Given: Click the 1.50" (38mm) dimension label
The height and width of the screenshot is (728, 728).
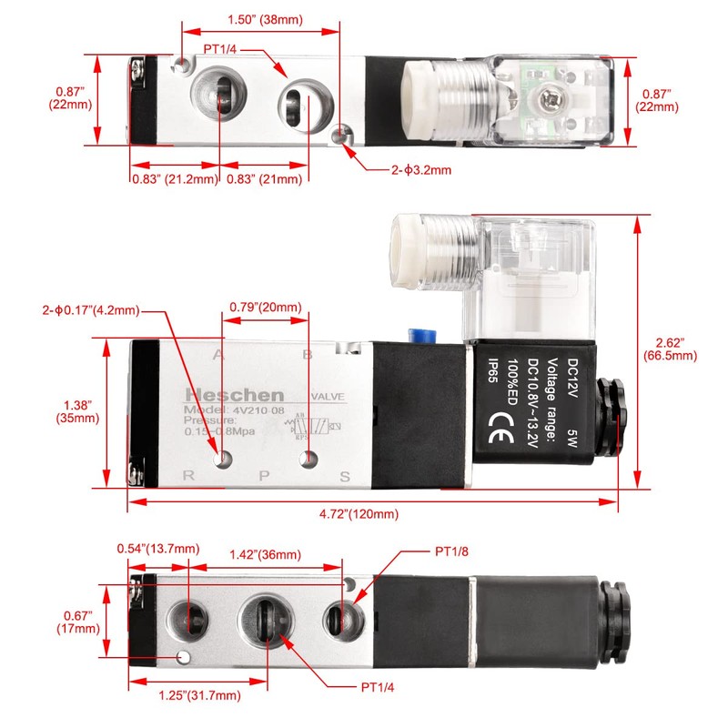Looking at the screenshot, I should pos(264,19).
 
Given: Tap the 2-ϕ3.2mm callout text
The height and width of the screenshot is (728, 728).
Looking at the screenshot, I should pos(420,169).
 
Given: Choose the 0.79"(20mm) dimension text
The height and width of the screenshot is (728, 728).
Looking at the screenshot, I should pos(265,307).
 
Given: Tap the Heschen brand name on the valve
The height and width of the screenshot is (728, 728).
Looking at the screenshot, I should pos(235,395).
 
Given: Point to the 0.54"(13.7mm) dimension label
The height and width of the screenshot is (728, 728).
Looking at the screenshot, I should pos(157,548).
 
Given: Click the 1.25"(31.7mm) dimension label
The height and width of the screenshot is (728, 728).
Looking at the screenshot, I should pos(198,695).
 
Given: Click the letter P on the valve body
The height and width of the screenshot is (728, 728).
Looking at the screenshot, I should pos(265,475).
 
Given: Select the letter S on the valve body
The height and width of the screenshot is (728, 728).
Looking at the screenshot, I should pos(345,476).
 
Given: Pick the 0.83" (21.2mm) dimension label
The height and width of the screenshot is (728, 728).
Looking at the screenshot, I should pos(174,179).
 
